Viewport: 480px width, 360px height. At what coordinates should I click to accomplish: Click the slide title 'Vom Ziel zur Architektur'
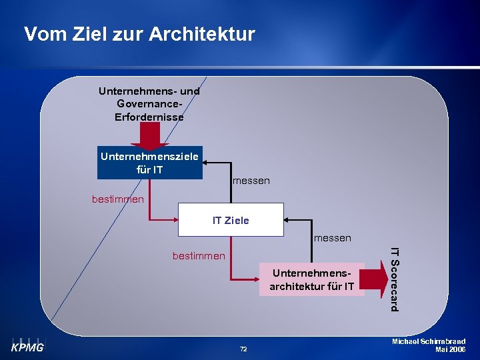coord(139,34)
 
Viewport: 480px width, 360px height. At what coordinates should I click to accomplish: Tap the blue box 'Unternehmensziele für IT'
coord(149,163)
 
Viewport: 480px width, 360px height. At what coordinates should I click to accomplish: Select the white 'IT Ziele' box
coord(231,220)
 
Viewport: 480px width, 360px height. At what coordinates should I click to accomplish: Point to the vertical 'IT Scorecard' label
coord(395,279)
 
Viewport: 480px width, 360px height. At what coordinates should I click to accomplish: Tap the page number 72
coord(243,349)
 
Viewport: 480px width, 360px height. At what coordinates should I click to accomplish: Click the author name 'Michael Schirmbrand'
coord(429,341)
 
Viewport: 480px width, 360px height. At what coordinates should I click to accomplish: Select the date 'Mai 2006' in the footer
coord(450,349)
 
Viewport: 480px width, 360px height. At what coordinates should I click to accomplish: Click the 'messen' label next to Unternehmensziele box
coord(251,181)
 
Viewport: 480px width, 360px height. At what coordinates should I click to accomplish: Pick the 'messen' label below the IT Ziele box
coord(332,238)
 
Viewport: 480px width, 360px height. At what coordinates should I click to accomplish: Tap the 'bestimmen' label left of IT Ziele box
coord(117,199)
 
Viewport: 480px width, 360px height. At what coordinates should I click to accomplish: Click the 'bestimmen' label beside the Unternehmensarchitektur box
coord(199,255)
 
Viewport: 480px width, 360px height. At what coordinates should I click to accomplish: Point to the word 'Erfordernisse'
coord(149,117)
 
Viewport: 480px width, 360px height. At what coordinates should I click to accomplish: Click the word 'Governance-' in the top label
coord(149,104)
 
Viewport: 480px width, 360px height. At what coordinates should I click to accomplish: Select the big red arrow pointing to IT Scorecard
coord(376,280)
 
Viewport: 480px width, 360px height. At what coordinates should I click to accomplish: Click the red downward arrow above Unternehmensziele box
coord(149,135)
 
